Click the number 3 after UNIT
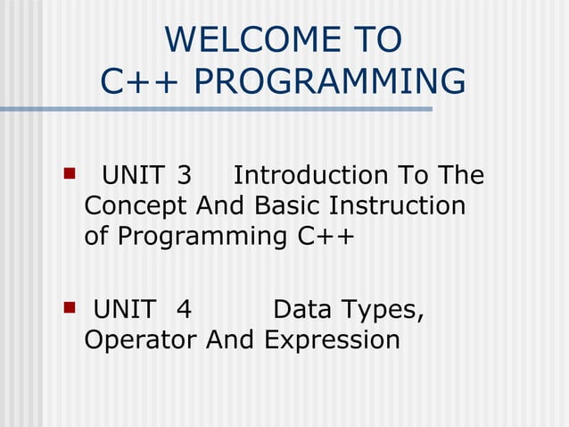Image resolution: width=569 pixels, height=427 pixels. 185,175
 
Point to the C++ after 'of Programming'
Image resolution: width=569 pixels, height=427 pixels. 326,238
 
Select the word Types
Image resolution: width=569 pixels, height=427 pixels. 383,311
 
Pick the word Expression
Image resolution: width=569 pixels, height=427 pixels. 332,341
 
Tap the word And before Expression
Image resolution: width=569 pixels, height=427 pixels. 231,340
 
